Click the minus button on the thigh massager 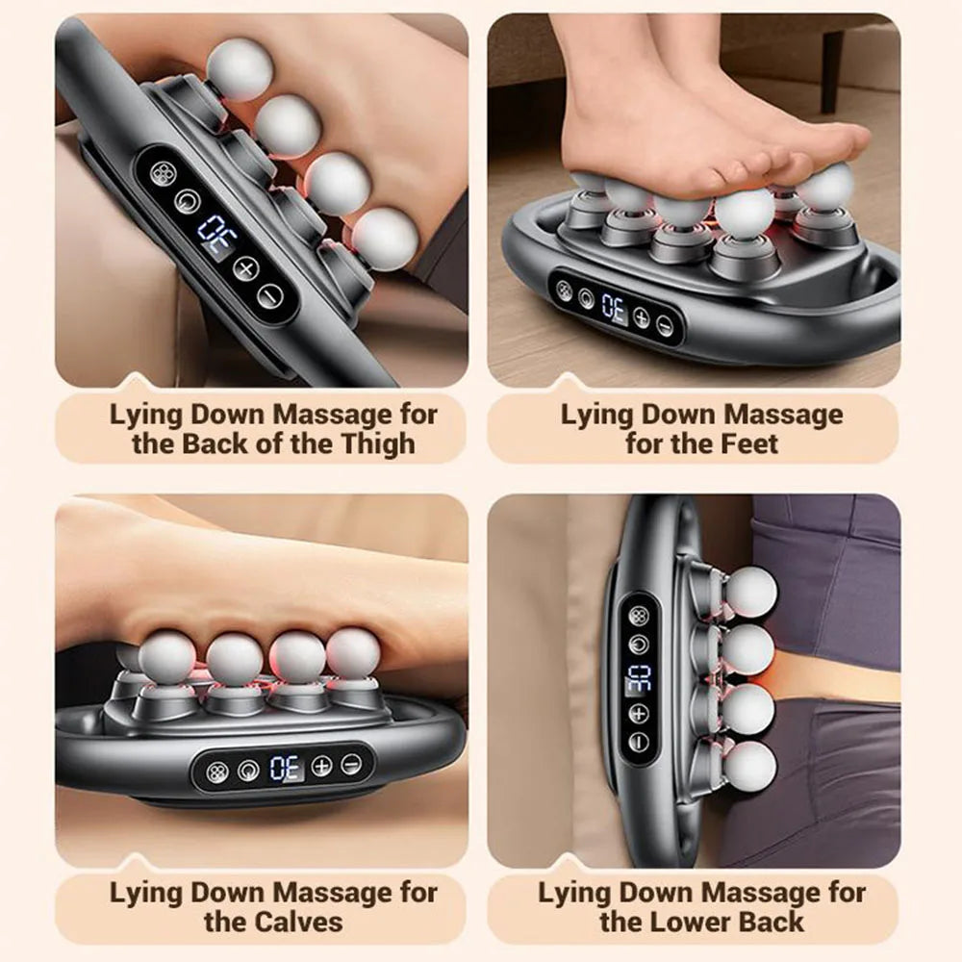(x=271, y=295)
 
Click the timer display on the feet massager (x=613, y=309)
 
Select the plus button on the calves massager (x=321, y=766)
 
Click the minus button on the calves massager (x=351, y=765)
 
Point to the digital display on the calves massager (x=285, y=768)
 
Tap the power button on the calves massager (x=248, y=770)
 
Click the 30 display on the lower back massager (x=639, y=679)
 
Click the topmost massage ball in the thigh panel (x=239, y=69)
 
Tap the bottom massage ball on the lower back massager (x=748, y=767)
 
